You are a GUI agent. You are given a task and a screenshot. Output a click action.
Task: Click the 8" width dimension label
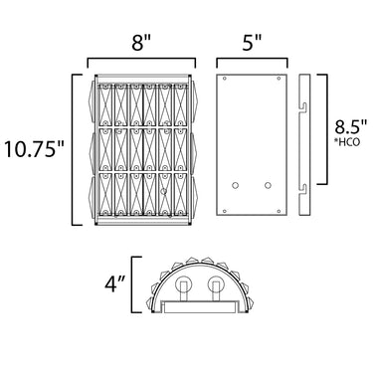tap(141, 43)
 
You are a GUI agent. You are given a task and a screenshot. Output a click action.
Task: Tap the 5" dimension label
tap(252, 43)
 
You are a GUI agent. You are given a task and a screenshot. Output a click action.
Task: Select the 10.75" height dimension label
tap(34, 149)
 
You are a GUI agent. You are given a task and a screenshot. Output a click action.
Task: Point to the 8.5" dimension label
tap(351, 127)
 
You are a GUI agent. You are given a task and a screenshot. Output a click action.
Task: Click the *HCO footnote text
tap(347, 142)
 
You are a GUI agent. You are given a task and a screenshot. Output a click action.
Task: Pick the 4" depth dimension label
tap(115, 284)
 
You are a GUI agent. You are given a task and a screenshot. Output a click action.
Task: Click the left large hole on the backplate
tap(235, 186)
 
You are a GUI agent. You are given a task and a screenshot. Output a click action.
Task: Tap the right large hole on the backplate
tap(268, 186)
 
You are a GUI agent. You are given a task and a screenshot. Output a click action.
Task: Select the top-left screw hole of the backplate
tap(225, 79)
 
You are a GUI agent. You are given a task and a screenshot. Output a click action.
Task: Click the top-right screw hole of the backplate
tap(279, 79)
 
